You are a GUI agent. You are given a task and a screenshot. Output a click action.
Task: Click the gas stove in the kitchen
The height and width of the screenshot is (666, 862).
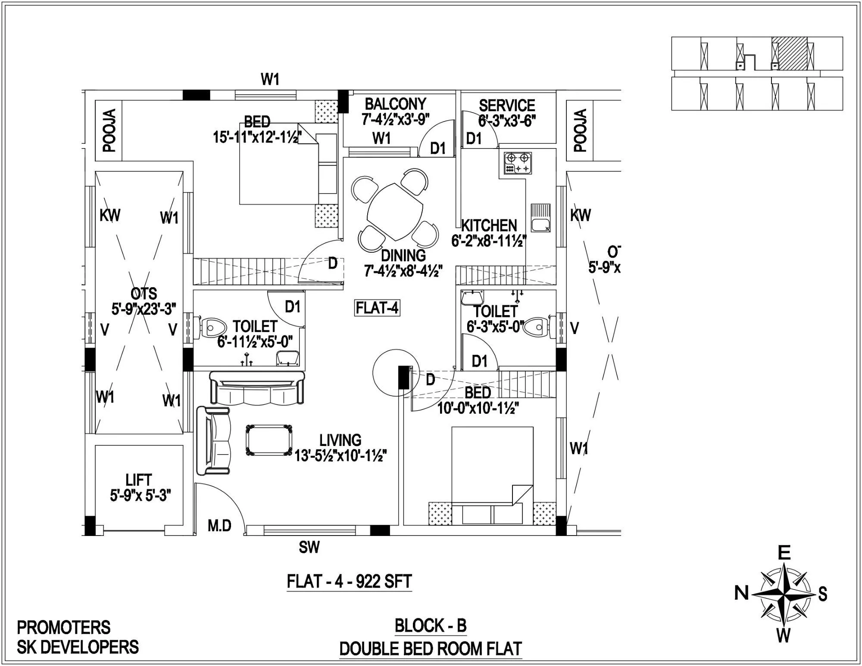tap(515, 163)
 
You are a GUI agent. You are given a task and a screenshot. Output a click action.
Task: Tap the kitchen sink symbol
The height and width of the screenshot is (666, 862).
tap(540, 218)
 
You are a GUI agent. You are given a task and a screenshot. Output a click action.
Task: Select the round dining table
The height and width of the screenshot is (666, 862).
tap(396, 212)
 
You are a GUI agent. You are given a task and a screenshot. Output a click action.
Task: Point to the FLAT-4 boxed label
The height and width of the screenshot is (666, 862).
tap(377, 308)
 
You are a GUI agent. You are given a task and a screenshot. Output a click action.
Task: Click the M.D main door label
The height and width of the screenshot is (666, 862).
tap(219, 526)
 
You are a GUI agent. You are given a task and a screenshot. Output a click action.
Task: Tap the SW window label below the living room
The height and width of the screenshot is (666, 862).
tap(309, 548)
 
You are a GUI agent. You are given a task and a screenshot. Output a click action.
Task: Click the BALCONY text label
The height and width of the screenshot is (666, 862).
tap(395, 104)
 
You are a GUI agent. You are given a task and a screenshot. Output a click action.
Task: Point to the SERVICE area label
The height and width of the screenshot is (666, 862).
tap(507, 105)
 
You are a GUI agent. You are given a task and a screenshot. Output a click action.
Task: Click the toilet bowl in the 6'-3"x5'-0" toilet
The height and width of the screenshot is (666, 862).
tap(537, 327)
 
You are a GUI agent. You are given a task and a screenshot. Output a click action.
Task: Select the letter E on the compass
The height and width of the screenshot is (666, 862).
tap(784, 553)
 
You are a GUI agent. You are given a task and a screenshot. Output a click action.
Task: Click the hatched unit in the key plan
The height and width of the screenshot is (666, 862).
tap(789, 53)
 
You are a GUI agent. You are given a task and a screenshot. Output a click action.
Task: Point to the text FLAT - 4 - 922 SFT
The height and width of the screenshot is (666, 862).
tap(349, 582)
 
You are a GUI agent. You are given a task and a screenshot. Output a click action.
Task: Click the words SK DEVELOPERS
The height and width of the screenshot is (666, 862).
tap(78, 647)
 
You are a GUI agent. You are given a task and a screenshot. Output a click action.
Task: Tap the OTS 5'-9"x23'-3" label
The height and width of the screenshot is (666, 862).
tap(144, 301)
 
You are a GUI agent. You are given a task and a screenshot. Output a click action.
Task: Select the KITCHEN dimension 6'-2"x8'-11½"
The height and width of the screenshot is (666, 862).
tap(489, 241)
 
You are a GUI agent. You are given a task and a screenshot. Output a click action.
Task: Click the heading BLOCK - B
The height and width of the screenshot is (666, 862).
tap(431, 626)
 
